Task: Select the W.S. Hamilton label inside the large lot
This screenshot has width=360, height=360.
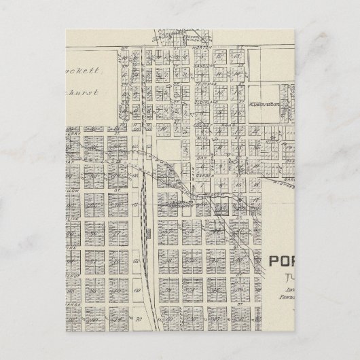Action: click(x=265, y=104)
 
